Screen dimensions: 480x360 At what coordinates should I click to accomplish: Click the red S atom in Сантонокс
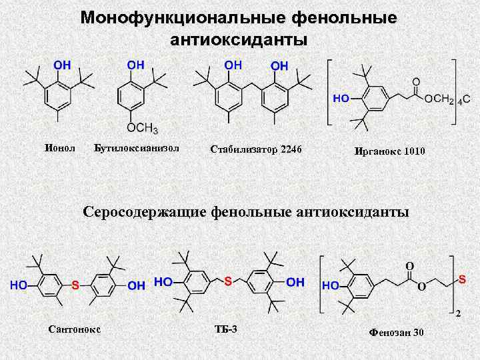(75, 285)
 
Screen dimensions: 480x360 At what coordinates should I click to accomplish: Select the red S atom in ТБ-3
(228, 281)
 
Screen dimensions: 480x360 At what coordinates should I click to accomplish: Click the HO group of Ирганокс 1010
(341, 97)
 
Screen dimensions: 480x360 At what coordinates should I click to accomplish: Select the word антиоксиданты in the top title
(239, 39)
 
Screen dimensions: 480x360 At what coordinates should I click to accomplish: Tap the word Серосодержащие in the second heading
(145, 212)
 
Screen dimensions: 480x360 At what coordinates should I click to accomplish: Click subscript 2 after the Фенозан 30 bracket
(458, 313)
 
